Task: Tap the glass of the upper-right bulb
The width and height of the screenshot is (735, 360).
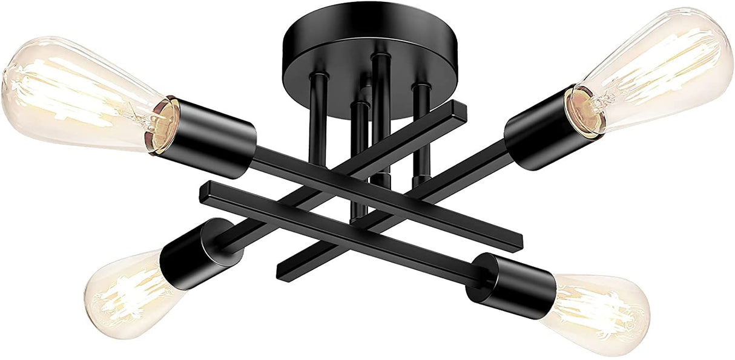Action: pyautogui.click(x=660, y=67)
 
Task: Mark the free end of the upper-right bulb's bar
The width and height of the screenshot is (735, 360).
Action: pyautogui.click(x=285, y=271)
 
